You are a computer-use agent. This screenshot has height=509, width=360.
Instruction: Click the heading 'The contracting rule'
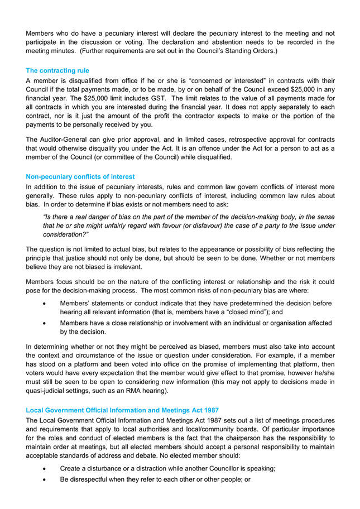click(57, 71)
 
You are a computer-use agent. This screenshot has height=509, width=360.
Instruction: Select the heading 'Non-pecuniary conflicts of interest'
click(80, 176)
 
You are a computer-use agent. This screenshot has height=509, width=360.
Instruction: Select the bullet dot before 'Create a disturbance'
click(45, 469)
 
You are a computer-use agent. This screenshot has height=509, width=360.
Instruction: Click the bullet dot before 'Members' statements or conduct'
click(45, 303)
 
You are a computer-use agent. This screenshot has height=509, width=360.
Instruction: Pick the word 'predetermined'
click(246, 303)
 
